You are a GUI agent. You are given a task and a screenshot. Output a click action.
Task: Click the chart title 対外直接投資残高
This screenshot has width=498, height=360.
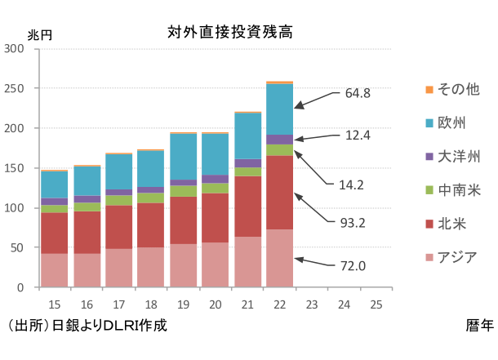[x=229, y=33]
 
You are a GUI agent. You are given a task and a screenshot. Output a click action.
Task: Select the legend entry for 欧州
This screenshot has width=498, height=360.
[x=452, y=123]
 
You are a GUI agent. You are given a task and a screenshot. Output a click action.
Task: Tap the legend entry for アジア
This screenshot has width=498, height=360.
[x=457, y=258]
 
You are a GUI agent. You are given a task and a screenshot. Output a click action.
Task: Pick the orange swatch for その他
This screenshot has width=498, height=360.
[x=428, y=89]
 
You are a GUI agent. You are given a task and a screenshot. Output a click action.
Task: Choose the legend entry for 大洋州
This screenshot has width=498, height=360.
[x=458, y=157]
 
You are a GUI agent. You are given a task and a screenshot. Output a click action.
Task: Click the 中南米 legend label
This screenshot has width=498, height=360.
[x=458, y=190]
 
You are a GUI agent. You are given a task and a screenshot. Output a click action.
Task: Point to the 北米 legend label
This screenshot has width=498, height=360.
[x=452, y=224]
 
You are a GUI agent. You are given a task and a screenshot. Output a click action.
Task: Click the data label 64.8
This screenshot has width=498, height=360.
[x=358, y=93]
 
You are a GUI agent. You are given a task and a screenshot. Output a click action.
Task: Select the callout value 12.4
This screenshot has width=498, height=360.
[x=358, y=136]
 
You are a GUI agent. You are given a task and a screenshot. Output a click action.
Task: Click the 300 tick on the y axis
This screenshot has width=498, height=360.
[x=15, y=49]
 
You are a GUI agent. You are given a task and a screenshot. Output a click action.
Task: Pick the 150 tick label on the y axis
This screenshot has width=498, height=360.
[x=15, y=168]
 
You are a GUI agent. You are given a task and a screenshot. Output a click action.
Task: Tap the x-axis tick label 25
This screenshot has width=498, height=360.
[x=376, y=304]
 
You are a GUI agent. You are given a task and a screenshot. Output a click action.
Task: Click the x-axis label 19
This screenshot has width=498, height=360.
[x=183, y=304]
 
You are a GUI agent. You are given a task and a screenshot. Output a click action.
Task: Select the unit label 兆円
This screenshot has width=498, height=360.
[x=40, y=34]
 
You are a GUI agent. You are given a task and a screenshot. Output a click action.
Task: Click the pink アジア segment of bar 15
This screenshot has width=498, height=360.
[x=55, y=270]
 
